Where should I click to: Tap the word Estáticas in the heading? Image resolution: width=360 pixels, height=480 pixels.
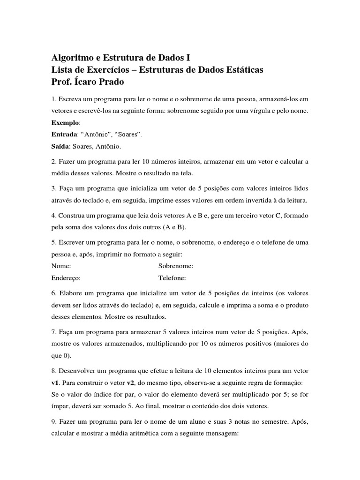coord(240,70)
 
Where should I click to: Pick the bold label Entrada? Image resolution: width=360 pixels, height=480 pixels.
coord(64,135)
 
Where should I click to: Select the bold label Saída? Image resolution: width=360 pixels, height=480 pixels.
coord(60,147)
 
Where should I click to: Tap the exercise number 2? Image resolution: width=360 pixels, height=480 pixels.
coord(53,162)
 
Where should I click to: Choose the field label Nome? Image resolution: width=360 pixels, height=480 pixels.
coord(61,266)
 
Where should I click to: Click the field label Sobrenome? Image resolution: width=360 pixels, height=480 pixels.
coord(176,266)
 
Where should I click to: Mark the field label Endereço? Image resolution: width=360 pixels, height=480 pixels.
coord(66,277)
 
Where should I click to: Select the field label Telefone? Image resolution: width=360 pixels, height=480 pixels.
coord(172,277)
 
